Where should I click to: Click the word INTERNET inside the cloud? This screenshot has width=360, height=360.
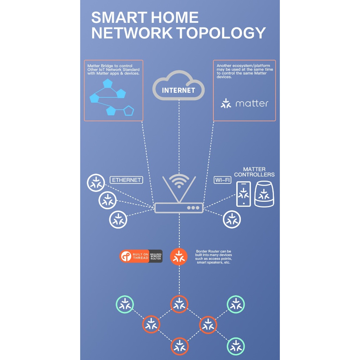(x=178, y=90)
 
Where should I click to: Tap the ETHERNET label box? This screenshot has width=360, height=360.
(x=126, y=180)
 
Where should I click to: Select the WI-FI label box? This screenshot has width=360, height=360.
(x=223, y=180)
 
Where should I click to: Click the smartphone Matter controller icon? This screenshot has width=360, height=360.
(x=244, y=194)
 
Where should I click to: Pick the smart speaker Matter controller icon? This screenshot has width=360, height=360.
(x=264, y=194)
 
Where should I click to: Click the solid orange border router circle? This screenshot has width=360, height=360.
(x=179, y=257)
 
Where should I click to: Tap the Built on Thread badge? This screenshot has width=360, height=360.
(x=141, y=256)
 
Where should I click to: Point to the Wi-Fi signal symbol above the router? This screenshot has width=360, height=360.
(x=179, y=181)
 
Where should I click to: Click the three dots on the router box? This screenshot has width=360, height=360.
(x=193, y=208)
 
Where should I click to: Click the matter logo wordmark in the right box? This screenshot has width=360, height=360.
(x=244, y=103)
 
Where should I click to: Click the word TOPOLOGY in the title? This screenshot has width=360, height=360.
(x=222, y=33)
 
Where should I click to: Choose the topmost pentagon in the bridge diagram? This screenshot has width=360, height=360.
(x=108, y=84)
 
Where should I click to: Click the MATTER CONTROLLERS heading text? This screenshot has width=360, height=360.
(x=254, y=172)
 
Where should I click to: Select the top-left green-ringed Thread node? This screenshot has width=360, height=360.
(x=125, y=304)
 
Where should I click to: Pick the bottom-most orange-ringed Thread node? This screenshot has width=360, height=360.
(x=180, y=346)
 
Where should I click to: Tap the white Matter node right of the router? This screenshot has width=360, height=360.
(x=232, y=219)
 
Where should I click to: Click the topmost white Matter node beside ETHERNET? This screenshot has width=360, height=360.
(x=96, y=183)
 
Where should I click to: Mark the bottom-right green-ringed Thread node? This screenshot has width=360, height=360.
(x=236, y=346)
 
